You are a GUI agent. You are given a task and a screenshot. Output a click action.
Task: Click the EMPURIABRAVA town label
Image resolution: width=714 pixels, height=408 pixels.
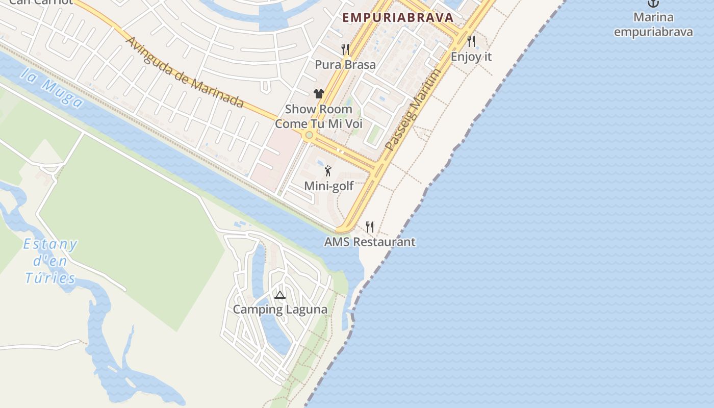[398, 17]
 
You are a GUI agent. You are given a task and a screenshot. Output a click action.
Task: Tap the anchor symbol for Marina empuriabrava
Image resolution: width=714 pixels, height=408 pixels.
[653, 3]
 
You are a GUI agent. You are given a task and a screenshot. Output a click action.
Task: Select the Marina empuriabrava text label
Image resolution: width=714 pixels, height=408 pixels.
[653, 24]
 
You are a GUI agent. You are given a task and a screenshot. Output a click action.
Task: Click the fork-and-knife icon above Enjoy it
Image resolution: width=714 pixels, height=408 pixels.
[471, 41]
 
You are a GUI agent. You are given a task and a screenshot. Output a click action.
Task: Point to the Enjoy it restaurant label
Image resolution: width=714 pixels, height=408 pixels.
[471, 57]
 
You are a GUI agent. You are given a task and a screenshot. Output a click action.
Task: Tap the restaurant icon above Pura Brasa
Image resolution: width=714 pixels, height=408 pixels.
[345, 49]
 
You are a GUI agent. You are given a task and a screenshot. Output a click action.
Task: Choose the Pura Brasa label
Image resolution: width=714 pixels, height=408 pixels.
[345, 65]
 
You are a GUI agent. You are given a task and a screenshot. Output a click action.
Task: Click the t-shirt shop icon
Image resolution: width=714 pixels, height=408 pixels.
[319, 93]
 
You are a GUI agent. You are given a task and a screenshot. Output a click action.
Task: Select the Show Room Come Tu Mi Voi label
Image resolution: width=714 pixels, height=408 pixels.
[319, 116]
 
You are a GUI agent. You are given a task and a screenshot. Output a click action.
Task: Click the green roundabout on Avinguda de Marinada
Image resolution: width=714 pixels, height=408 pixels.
[309, 135]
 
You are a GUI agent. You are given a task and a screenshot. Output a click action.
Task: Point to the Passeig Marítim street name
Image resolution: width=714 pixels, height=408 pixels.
[413, 110]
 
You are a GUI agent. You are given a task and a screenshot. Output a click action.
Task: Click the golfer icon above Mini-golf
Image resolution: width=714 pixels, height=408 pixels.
[328, 171]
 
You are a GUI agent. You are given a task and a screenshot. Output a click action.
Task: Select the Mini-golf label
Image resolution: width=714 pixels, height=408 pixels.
[328, 186]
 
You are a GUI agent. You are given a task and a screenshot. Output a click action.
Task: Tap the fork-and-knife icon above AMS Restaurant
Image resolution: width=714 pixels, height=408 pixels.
[370, 226]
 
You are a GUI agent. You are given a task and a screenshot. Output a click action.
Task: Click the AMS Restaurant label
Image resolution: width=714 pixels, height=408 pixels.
[370, 242]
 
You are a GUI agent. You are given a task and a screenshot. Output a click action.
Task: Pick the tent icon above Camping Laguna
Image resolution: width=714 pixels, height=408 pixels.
[279, 295]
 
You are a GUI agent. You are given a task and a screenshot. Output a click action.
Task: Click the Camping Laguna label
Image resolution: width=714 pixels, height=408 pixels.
[280, 310]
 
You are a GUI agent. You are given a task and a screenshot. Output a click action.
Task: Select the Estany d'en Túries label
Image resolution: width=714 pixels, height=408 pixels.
[50, 261]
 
